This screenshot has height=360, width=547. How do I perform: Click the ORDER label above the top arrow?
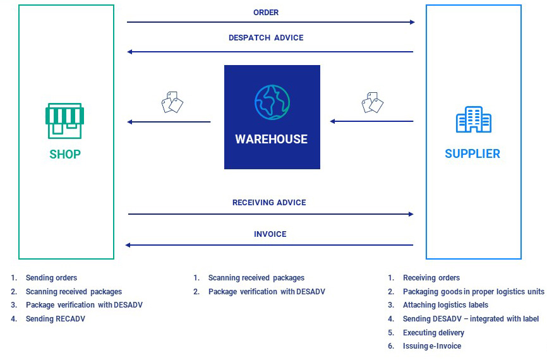tap(266, 13)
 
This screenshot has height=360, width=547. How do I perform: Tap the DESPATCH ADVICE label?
tap(266, 38)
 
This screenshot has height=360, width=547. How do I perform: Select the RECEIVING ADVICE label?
tap(269, 203)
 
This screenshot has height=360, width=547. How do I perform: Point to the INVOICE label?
tap(270, 234)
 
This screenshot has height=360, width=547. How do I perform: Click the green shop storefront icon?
tap(64, 120)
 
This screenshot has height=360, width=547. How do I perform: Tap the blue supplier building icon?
tap(473, 120)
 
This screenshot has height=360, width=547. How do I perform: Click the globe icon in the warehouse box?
tap(272, 101)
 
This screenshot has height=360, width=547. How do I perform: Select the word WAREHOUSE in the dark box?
tap(272, 140)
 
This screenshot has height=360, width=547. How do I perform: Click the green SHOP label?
tap(65, 154)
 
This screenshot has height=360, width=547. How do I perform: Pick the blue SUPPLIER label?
tap(472, 154)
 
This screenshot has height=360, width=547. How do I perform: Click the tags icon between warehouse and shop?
tap(172, 102)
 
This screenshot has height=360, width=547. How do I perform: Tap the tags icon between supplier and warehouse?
tap(373, 102)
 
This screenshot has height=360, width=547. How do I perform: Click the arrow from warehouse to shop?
tap(169, 122)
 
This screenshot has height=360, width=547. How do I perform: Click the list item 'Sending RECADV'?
tap(55, 319)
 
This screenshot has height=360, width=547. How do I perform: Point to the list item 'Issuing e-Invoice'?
tap(432, 346)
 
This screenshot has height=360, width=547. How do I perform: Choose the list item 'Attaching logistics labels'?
tap(445, 305)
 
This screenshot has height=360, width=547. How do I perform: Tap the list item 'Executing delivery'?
tap(433, 332)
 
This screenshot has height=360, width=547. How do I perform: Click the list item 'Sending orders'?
tap(51, 278)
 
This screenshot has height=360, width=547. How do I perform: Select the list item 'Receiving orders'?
tap(431, 278)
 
